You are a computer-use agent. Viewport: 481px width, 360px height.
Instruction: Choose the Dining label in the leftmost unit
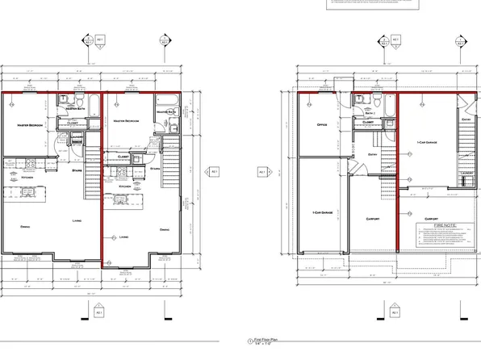tap(25, 226)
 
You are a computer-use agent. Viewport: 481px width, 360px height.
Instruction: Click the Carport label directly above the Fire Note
tap(431, 218)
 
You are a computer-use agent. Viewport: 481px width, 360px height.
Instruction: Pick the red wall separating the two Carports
tap(400, 210)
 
